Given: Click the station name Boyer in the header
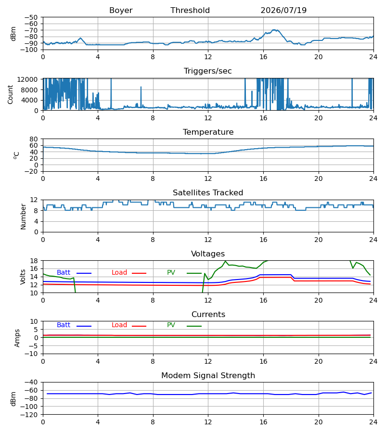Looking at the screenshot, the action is [121, 11].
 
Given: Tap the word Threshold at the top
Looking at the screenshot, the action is [190, 11].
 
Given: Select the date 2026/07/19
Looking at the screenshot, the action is [283, 11].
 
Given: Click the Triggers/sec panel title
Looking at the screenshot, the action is [208, 71].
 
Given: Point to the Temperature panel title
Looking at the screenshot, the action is [208, 132].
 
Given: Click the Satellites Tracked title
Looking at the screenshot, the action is [208, 193].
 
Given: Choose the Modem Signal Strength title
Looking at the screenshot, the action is [208, 376].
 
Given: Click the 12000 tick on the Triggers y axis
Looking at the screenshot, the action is [27, 79].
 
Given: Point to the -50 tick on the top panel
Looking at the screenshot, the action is [31, 17].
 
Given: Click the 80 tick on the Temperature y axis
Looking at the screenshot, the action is [34, 139].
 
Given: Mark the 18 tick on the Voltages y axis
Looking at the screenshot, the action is [34, 261].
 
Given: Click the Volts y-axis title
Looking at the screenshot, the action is [23, 277].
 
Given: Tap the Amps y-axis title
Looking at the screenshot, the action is [17, 338].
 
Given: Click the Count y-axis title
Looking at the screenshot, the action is [10, 94].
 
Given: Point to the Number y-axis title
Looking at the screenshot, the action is [23, 216].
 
